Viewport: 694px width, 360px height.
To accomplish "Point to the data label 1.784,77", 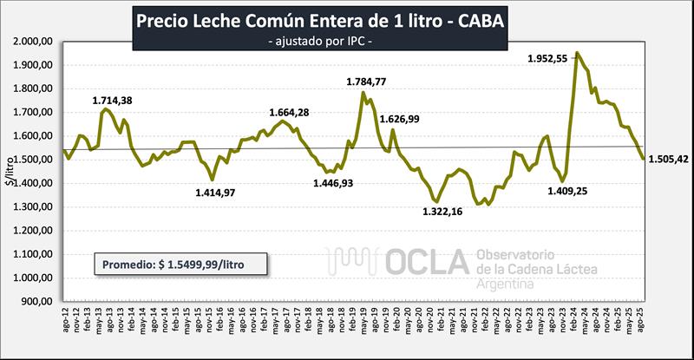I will (x=370, y=82).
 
